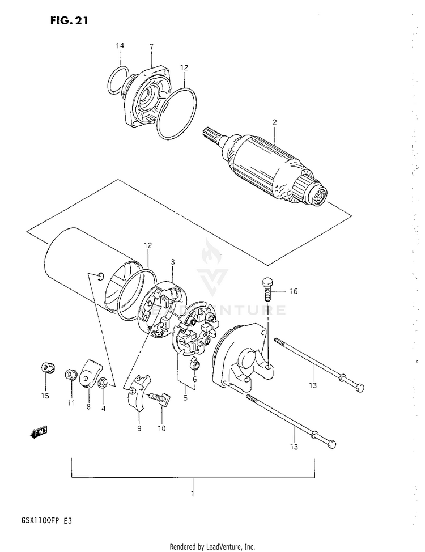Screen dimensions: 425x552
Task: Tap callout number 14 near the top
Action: tap(120, 45)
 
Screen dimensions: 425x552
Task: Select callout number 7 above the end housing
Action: tap(151, 45)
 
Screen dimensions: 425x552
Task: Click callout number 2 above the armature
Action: tap(274, 122)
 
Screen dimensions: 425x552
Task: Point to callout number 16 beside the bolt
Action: tap(293, 291)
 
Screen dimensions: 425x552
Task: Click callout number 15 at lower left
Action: tap(45, 395)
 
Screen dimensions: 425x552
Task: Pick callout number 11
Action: tap(71, 403)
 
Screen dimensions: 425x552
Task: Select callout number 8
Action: tap(88, 407)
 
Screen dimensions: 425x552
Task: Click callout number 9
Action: tap(138, 428)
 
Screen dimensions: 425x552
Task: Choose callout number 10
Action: tap(161, 428)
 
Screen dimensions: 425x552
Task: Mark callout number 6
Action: tap(194, 379)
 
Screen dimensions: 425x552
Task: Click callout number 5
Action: tap(184, 398)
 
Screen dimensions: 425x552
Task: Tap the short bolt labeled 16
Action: tap(266, 287)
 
